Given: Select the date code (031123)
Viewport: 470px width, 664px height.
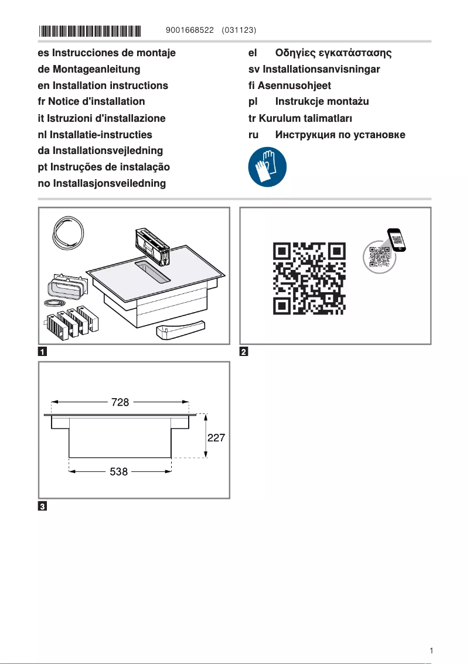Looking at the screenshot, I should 240,29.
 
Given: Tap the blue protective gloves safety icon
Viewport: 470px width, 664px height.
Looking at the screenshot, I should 267,166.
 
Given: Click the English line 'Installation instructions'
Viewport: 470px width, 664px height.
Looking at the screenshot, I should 110,85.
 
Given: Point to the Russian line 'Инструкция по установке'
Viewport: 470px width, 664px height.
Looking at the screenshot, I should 340,135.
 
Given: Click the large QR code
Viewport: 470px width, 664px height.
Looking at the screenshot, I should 309,278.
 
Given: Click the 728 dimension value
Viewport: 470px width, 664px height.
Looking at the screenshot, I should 120,402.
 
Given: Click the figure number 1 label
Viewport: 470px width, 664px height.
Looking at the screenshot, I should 43,352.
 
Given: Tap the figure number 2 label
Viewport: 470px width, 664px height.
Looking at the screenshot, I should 244,352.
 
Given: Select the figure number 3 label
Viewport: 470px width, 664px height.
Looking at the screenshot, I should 43,506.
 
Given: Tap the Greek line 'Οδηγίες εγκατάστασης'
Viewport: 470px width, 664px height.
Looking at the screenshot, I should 333,53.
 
